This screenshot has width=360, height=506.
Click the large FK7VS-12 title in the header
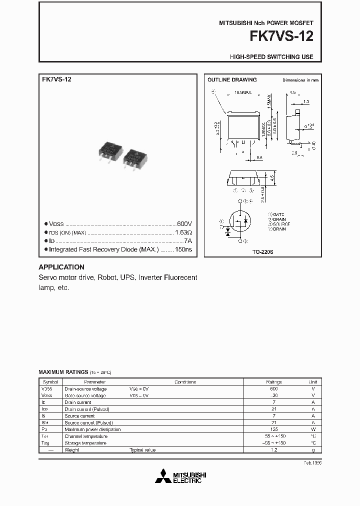click(x=285, y=37)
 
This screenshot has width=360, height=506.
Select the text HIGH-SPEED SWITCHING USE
click(x=271, y=57)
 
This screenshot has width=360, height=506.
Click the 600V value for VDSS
click(x=184, y=224)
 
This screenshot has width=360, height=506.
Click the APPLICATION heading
click(x=61, y=267)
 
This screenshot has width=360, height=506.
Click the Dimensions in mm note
click(x=300, y=80)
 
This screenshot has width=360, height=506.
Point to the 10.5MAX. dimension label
click(x=243, y=92)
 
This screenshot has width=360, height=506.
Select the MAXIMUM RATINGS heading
click(x=63, y=372)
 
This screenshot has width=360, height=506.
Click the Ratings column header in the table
click(x=274, y=382)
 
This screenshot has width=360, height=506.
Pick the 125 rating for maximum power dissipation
click(x=274, y=429)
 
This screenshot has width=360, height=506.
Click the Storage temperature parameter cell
click(x=85, y=443)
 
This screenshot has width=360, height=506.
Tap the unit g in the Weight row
click(x=313, y=450)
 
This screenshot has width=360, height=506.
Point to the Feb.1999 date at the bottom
click(x=312, y=463)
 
